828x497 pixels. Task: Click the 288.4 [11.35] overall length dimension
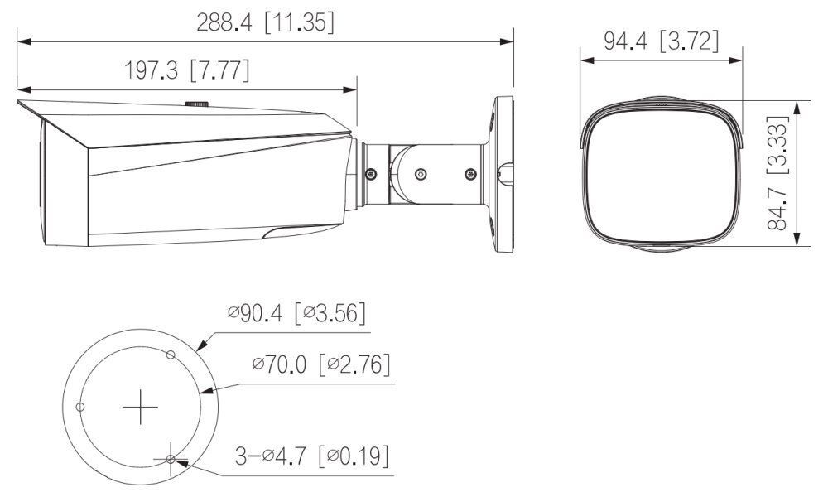tap(265, 22)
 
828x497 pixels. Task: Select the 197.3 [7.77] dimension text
tap(187, 70)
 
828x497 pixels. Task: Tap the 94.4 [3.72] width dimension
tap(661, 41)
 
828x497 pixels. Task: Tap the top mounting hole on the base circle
tap(170, 355)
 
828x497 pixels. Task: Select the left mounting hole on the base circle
tap(80, 406)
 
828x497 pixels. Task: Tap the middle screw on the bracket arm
tap(421, 174)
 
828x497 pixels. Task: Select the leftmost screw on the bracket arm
tap(369, 174)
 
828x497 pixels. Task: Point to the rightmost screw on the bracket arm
tap(471, 174)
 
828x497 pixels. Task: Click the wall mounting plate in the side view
tap(502, 174)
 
